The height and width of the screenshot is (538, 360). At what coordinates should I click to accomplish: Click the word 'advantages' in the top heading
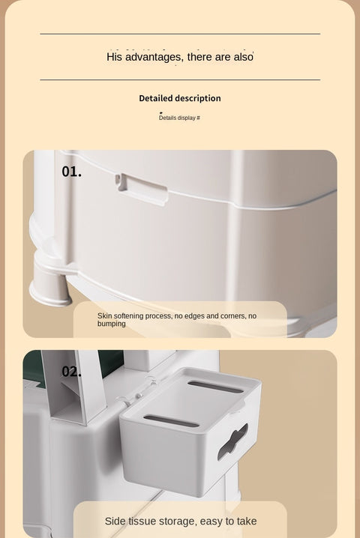(154, 57)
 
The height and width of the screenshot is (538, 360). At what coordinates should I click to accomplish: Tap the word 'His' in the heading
(115, 57)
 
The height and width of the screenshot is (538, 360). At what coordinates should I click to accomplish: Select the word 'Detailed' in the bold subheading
(155, 98)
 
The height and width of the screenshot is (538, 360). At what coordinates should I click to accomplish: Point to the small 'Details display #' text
(179, 118)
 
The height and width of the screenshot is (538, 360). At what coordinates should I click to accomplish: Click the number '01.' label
(72, 172)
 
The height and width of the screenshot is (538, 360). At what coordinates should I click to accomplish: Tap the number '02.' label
(71, 372)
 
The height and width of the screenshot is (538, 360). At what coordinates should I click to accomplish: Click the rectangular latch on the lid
(142, 189)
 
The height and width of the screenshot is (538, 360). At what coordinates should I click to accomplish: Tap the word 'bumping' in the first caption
(111, 324)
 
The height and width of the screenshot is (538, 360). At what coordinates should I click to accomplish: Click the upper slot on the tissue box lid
(215, 387)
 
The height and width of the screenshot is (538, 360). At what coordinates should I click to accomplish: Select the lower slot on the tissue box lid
(171, 421)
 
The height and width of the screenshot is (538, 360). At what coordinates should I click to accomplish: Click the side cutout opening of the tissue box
(232, 441)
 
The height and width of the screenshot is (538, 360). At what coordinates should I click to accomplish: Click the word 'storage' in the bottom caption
(177, 522)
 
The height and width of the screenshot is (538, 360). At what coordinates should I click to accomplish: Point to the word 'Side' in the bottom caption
(115, 522)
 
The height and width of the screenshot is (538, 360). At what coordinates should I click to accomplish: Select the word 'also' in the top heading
(244, 57)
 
